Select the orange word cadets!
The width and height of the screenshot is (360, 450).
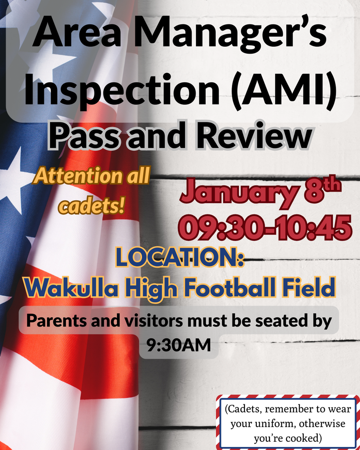(x=91, y=205)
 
